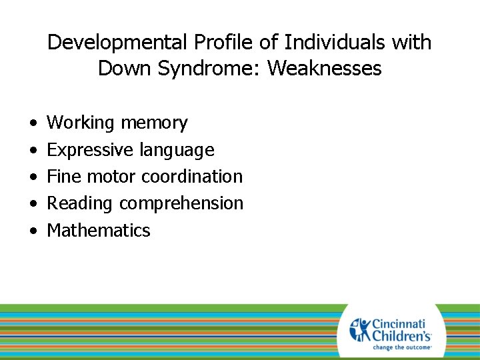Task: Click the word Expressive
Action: [90, 150]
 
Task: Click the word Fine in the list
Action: [64, 177]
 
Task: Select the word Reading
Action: [81, 203]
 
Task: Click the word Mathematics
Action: [99, 231]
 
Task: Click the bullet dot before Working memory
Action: [33, 124]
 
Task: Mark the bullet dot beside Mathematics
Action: [33, 232]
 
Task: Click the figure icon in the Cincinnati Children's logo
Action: [360, 329]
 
